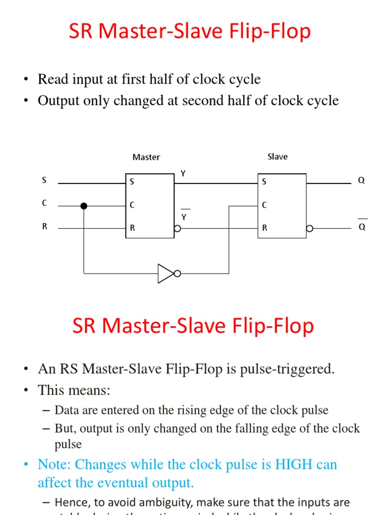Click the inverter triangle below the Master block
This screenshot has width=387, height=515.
point(165,274)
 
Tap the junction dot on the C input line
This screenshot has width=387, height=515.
point(84,206)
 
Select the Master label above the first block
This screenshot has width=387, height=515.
point(146,157)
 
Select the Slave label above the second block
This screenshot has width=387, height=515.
point(277,157)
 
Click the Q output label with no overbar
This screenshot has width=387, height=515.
point(361,181)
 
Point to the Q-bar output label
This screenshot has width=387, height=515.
point(362,227)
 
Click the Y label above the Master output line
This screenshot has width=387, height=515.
point(183,174)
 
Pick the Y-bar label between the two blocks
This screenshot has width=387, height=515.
point(184,217)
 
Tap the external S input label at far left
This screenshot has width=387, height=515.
point(44,181)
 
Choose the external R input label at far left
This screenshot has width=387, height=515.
point(44,227)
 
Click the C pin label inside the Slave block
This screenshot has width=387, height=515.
point(265,205)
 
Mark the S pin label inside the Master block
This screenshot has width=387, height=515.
point(132,182)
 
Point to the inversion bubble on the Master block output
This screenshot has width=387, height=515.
point(177,229)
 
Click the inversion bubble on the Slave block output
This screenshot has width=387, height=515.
point(309,228)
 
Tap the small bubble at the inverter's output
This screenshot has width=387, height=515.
point(177,274)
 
